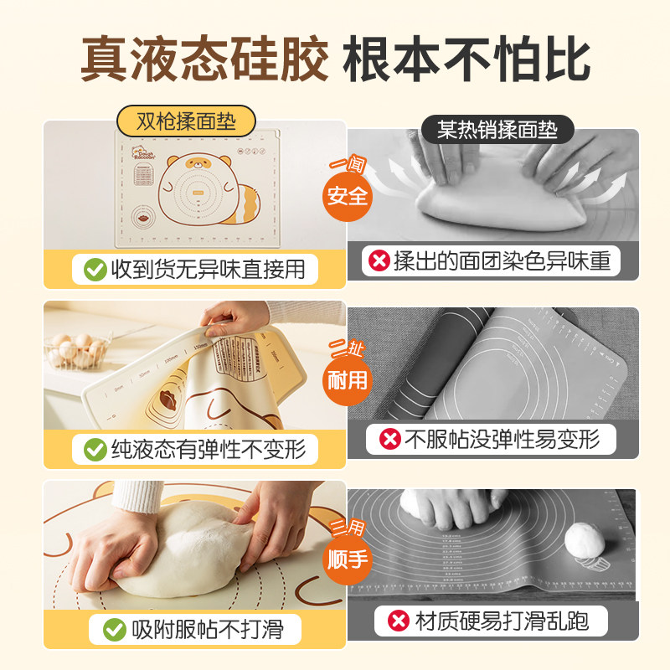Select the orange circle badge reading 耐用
[348, 379]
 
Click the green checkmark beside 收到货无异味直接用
[95, 270]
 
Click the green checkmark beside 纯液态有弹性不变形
[95, 450]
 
